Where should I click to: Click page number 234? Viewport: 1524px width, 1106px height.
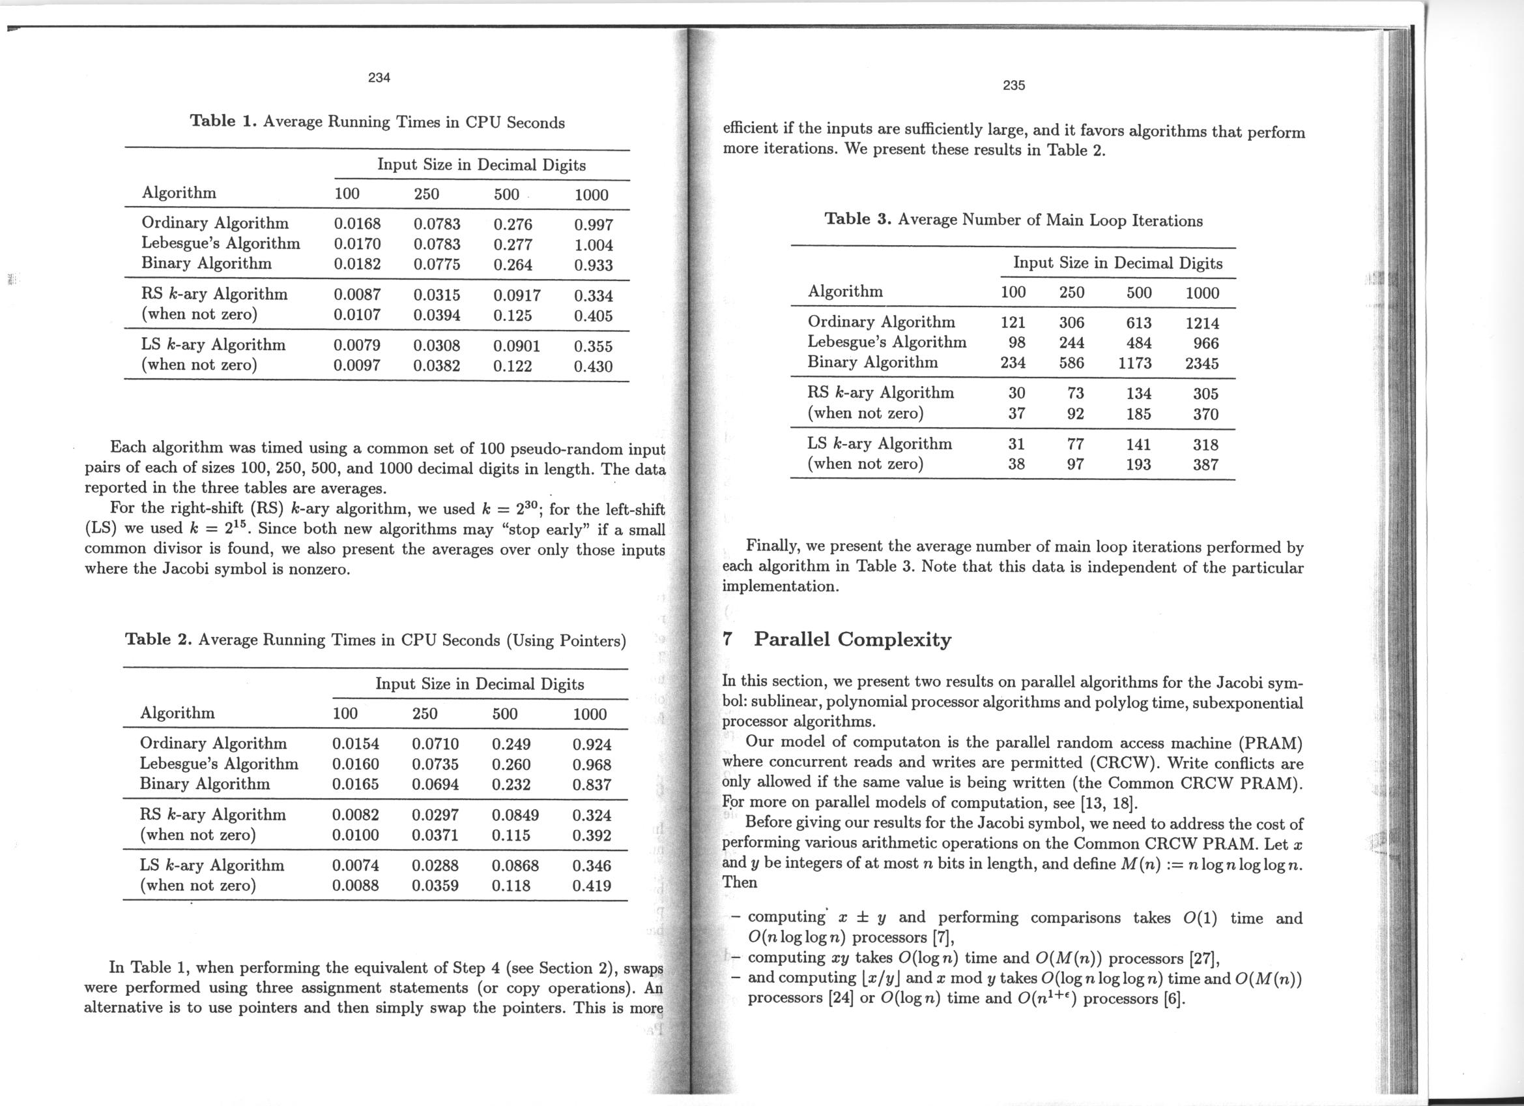[379, 78]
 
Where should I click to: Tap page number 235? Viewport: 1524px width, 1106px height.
[1014, 85]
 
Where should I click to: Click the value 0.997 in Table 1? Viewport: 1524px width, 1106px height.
[594, 224]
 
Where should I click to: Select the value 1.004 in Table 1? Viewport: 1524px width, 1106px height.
[594, 245]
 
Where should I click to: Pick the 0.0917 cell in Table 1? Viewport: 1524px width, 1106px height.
[517, 295]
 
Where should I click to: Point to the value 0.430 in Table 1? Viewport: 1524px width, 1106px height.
[594, 366]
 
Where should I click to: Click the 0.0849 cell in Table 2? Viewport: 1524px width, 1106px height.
[515, 816]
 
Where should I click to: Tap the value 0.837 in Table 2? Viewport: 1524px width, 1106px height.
[592, 785]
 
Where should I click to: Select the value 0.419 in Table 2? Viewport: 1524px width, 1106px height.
[592, 886]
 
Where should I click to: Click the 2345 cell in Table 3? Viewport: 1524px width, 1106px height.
[1201, 364]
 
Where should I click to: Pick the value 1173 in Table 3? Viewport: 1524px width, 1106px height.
[1134, 364]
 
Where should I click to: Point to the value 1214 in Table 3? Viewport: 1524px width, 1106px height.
[1201, 323]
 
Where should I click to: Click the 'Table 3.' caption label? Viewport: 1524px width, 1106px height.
[857, 219]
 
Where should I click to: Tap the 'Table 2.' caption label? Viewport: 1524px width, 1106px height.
[158, 638]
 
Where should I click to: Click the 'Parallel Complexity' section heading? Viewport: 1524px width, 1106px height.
[852, 638]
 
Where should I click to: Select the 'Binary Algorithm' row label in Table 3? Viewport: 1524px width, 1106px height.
[872, 363]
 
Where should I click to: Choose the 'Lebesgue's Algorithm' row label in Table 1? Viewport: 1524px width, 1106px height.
[220, 243]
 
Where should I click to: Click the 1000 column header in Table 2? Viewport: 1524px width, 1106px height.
[590, 714]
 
